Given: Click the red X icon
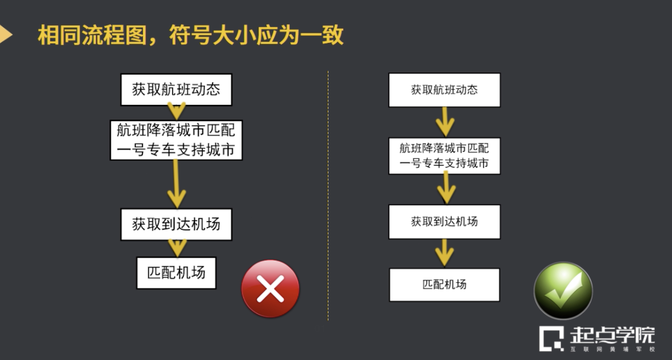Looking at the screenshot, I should coord(270,289).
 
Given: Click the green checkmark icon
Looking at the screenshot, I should coord(563,291).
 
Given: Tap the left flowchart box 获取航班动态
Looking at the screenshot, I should coord(176,90).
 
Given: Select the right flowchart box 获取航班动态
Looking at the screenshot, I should coord(444,90).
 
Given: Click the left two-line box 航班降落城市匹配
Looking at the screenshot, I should coord(176,140).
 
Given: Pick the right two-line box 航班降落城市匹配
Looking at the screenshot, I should coord(444,156).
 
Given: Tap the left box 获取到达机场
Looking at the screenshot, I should coord(176,224).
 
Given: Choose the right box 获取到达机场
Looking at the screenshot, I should coord(444,222).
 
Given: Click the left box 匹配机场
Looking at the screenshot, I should coord(176,273).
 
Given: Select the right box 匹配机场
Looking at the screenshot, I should coord(444,285).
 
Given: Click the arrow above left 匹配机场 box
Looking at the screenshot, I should coord(177,248).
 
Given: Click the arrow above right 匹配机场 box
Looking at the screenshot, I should coord(444,253).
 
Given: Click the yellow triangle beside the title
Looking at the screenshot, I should coord(5,35).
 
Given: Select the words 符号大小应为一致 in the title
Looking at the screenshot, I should coord(256,35).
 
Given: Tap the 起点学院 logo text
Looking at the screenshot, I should coord(612,335).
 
